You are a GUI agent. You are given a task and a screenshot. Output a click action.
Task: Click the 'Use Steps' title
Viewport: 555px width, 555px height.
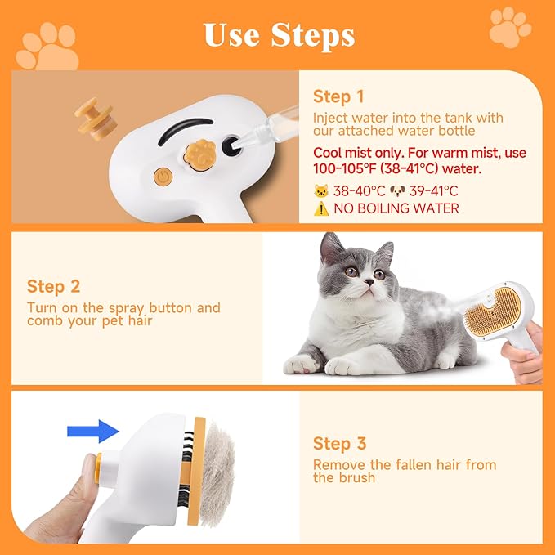coord(278,35)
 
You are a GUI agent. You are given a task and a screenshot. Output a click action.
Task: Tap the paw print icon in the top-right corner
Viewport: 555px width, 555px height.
coord(510,26)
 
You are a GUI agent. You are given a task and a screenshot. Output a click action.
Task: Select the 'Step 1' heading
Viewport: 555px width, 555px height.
coord(338,96)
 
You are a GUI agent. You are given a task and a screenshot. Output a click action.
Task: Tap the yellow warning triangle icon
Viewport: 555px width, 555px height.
coord(320,208)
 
